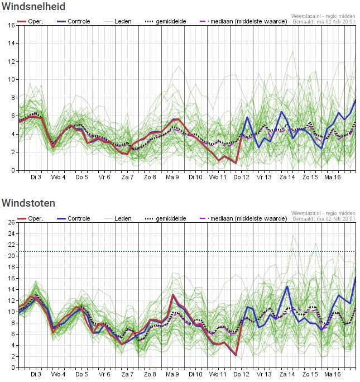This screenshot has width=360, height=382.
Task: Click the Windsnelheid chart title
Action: click(x=33, y=7)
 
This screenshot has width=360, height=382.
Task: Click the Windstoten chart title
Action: click(x=28, y=203)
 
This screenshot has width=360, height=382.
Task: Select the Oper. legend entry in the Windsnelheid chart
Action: click(x=31, y=21)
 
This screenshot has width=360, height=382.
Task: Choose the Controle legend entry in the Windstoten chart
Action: click(x=74, y=218)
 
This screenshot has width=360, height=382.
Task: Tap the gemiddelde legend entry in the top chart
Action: click(x=166, y=21)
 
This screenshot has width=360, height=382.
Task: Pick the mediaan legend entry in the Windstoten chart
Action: click(x=243, y=218)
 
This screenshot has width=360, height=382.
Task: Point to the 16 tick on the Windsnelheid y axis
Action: click(x=12, y=25)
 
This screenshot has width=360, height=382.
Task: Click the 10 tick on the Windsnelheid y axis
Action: click(x=12, y=80)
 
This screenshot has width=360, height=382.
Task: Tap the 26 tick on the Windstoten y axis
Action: click(x=12, y=222)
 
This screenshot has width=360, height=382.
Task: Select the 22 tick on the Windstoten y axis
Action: click(x=12, y=245)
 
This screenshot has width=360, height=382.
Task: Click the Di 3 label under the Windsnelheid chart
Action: click(x=36, y=177)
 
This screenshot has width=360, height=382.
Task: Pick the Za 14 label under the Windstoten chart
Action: click(x=287, y=374)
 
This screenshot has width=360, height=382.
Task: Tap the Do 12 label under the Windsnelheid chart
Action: click(x=241, y=177)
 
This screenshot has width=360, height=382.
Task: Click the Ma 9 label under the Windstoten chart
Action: click(x=172, y=374)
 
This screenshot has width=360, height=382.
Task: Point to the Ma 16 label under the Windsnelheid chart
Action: click(x=333, y=177)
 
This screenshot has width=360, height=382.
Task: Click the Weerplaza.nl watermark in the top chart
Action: click(x=323, y=16)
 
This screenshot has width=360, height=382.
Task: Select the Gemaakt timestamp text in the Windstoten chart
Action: click(x=324, y=219)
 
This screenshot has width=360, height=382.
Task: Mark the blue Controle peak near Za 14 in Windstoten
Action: click(x=287, y=286)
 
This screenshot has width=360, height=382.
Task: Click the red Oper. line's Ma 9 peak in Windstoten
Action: click(x=173, y=294)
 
